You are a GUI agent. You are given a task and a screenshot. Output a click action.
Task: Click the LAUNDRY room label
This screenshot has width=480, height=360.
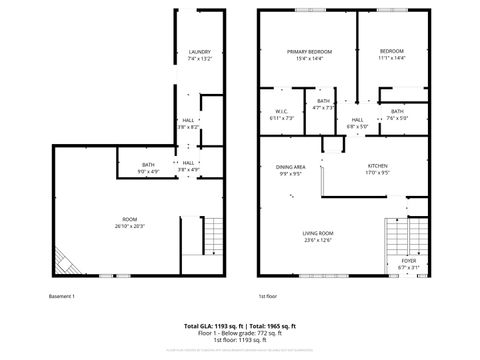click(199, 52)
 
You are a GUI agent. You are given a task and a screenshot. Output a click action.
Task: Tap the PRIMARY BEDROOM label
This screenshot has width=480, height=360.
click(309, 51)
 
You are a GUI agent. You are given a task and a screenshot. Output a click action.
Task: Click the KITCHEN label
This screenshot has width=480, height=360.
click(377, 166)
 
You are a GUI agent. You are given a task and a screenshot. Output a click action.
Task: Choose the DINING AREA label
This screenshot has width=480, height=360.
click(291, 167)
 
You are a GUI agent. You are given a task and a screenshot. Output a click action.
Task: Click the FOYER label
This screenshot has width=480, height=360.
click(395, 260)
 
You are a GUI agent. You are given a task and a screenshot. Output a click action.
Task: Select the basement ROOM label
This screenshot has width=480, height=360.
click(129, 218)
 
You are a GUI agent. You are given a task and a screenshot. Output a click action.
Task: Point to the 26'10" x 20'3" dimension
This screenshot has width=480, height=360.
click(129, 226)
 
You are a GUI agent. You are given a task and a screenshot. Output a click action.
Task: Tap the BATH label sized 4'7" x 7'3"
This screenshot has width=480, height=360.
click(323, 101)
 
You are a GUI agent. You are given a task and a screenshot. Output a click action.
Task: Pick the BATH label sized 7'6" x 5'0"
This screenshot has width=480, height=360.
click(397, 111)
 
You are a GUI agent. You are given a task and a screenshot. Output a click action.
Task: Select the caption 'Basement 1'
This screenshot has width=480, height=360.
click(62, 296)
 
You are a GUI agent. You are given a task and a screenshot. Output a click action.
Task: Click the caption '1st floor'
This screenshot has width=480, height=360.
click(267, 296)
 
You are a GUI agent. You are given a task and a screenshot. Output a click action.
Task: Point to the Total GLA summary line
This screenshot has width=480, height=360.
click(240, 326)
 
